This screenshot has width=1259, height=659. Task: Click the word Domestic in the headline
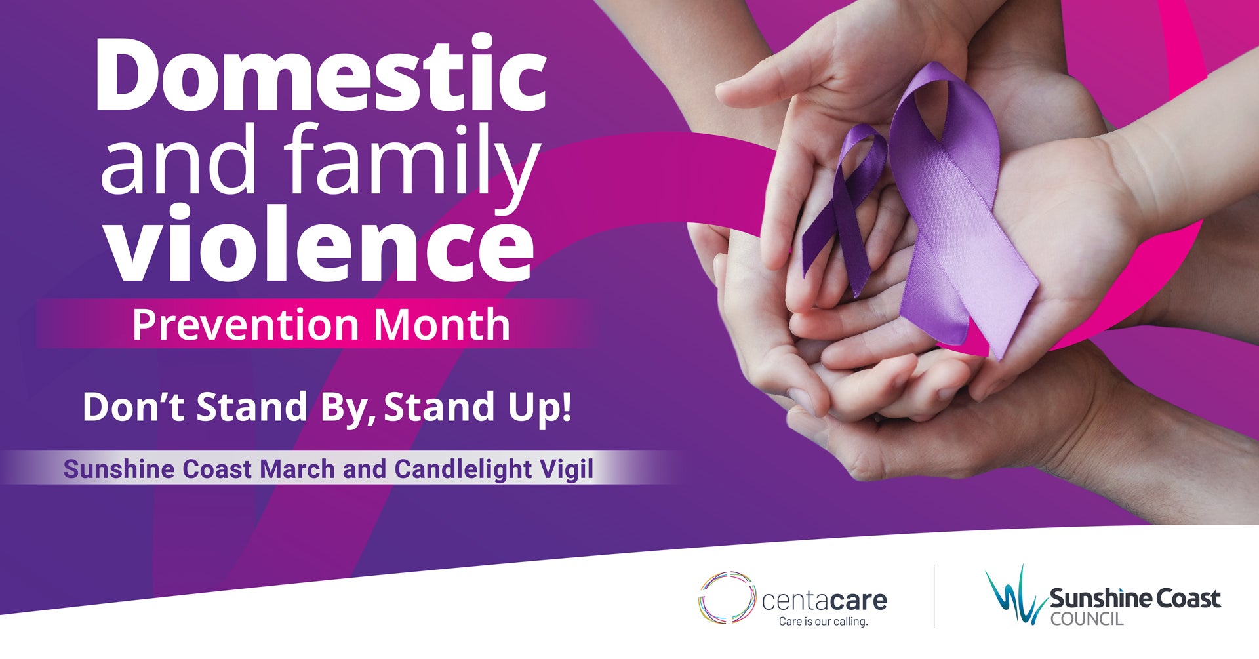point(321,74)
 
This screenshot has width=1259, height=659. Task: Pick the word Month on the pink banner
point(442,324)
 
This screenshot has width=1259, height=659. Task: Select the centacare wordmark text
point(825,600)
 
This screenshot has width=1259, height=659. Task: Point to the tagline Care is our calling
point(824,621)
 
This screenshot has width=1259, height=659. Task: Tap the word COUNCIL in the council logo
point(1087,619)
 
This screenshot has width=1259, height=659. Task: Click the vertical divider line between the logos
point(934,595)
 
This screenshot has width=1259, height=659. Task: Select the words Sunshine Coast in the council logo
point(1135,599)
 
